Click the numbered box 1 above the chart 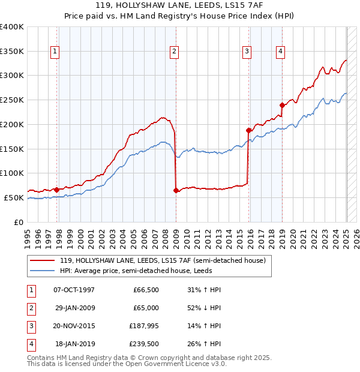[x=55, y=52]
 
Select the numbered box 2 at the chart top [x=174, y=52]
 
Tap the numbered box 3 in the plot [x=247, y=52]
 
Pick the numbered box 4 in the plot [x=280, y=52]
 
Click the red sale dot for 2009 [x=176, y=191]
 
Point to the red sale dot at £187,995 [x=248, y=130]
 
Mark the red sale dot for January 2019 [x=281, y=105]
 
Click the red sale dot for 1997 [x=56, y=190]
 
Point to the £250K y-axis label [x=12, y=100]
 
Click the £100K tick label [x=12, y=173]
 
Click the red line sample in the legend [x=43, y=260]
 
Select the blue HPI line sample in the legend [x=43, y=271]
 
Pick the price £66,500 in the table [x=146, y=290]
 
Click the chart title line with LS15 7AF [x=180, y=5]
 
